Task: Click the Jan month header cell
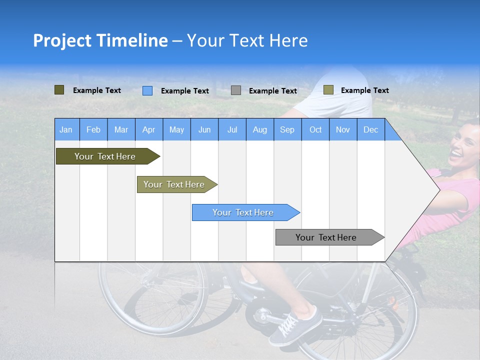coord(66,129)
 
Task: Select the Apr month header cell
coord(149,129)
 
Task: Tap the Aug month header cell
coord(260,129)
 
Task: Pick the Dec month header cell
coord(371,129)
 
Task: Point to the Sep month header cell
coord(287,129)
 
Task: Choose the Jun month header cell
coord(204,129)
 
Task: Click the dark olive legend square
coord(59,90)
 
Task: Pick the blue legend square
coord(147,90)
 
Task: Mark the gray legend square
coord(236,90)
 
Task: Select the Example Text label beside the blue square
coord(185,91)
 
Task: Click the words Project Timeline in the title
coord(100,40)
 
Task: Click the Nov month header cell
coord(343,129)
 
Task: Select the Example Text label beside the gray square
coord(273,91)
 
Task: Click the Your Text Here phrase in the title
coord(247,40)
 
